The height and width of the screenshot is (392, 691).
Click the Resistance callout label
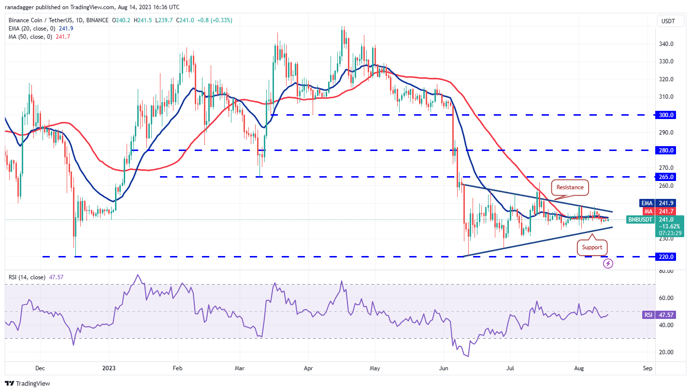[x=570, y=187]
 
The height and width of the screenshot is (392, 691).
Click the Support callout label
[x=592, y=247]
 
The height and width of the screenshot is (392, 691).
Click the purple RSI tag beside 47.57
[x=648, y=315]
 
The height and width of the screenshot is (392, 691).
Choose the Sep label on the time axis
[x=648, y=368]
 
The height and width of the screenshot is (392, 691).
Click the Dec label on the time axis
[x=40, y=368]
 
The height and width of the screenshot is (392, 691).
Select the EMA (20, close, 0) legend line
[x=39, y=29]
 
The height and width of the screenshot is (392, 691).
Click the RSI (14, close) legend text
[x=27, y=277]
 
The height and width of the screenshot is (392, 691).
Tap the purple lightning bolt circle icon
[x=608, y=264]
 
